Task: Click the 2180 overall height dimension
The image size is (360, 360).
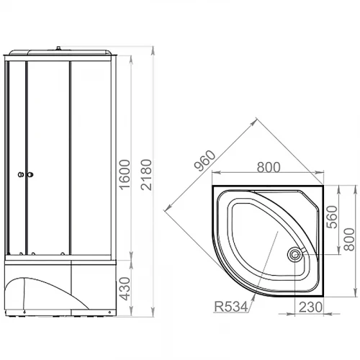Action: point(146,175)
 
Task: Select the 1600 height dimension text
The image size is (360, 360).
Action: point(125,175)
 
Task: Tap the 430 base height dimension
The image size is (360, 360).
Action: point(125,289)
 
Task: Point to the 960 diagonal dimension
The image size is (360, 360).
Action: point(204,161)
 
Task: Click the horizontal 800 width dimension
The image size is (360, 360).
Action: point(269,167)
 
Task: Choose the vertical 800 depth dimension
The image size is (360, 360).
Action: point(349,240)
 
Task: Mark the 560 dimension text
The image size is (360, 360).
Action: point(332,217)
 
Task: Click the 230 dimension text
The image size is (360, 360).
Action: point(310,307)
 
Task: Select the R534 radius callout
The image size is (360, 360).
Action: point(231,307)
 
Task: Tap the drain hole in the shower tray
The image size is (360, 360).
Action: point(295,254)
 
